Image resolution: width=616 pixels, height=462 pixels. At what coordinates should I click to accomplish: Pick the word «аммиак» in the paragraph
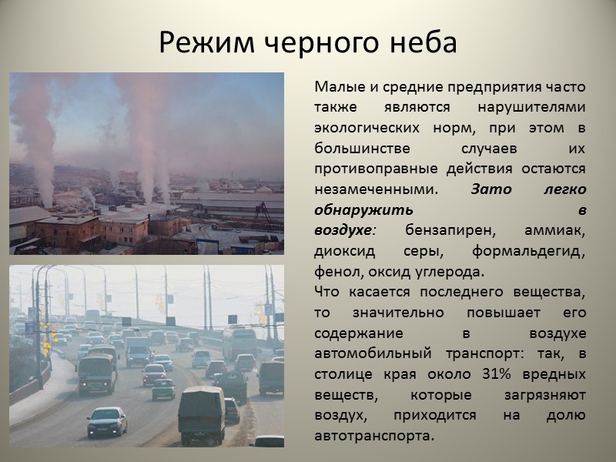pyautogui.click(x=554, y=230)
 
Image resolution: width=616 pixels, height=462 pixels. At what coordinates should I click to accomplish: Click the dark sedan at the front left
pyautogui.click(x=107, y=421)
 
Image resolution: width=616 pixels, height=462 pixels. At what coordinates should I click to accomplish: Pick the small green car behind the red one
pyautogui.click(x=162, y=389)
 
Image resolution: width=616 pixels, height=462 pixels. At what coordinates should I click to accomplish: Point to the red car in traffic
pyautogui.click(x=154, y=373)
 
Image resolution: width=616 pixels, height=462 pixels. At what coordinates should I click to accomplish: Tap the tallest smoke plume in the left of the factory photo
pyautogui.click(x=35, y=139)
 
